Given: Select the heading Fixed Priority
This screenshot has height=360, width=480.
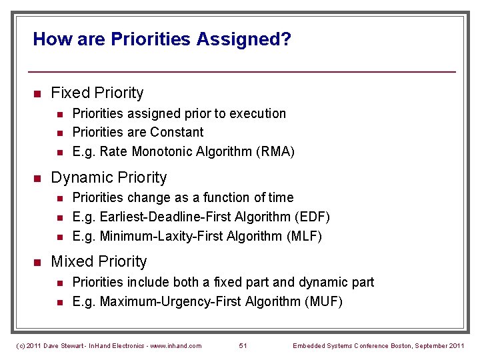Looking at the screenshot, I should pyautogui.click(x=97, y=93).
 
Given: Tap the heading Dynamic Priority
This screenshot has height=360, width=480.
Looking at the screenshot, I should pyautogui.click(x=109, y=177).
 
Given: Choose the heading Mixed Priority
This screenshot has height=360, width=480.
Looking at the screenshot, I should pyautogui.click(x=99, y=261).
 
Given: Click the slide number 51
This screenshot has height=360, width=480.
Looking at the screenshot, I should pyautogui.click(x=243, y=345).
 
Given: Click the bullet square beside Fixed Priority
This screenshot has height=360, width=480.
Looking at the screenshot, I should pyautogui.click(x=38, y=93).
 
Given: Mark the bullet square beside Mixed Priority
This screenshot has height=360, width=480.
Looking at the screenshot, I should pyautogui.click(x=38, y=262).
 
